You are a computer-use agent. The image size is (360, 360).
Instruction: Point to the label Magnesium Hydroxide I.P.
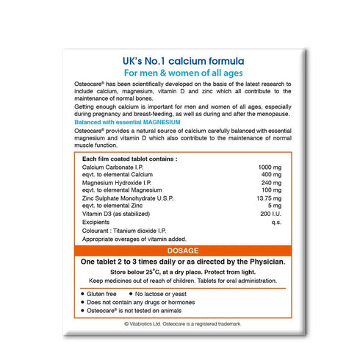click(120, 184)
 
